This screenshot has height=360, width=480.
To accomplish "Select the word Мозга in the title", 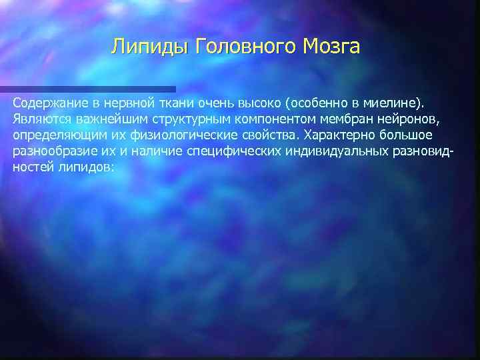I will [x=331, y=47].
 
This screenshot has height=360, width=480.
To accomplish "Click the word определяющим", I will [x=55, y=135].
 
